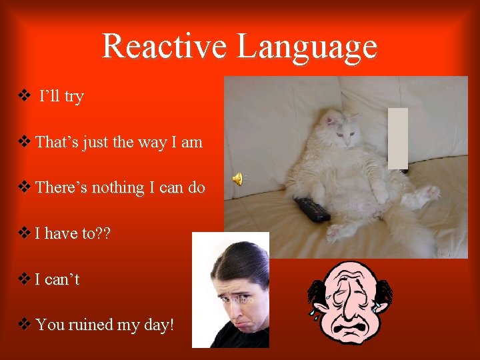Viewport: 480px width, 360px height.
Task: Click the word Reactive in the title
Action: click(x=166, y=46)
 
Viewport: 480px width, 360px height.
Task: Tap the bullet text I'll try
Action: click(x=61, y=97)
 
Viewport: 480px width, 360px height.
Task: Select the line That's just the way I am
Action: click(x=119, y=142)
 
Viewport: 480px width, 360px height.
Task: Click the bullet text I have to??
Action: click(x=73, y=233)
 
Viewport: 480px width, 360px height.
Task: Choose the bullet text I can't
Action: click(x=57, y=279)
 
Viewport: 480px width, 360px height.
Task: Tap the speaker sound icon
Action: click(x=237, y=178)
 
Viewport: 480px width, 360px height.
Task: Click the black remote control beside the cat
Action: click(x=312, y=209)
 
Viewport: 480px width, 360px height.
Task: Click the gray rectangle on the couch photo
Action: click(x=397, y=138)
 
